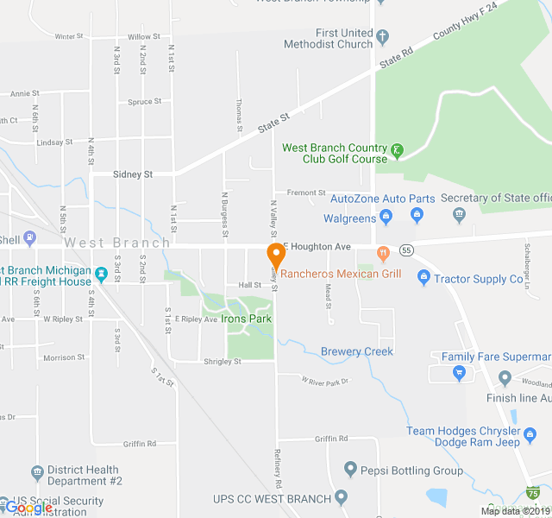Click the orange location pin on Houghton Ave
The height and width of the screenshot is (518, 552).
[276, 256]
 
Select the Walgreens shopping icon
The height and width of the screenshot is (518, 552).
[386, 214]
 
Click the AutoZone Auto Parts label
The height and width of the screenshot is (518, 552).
[382, 199]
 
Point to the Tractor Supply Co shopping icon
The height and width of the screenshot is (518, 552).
[423, 278]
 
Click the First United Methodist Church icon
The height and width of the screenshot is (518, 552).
[384, 37]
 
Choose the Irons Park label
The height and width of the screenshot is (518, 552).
[246, 319]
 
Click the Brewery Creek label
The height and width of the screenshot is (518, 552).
[357, 351]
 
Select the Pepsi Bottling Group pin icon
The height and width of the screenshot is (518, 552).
[350, 470]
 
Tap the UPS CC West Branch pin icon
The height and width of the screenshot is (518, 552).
[342, 497]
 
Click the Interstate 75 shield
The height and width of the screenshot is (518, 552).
[534, 493]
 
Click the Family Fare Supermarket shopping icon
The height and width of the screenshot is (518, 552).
[459, 373]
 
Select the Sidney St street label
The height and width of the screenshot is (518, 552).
[133, 174]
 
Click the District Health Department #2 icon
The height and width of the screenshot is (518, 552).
[37, 472]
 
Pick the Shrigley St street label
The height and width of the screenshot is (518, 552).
[223, 362]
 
